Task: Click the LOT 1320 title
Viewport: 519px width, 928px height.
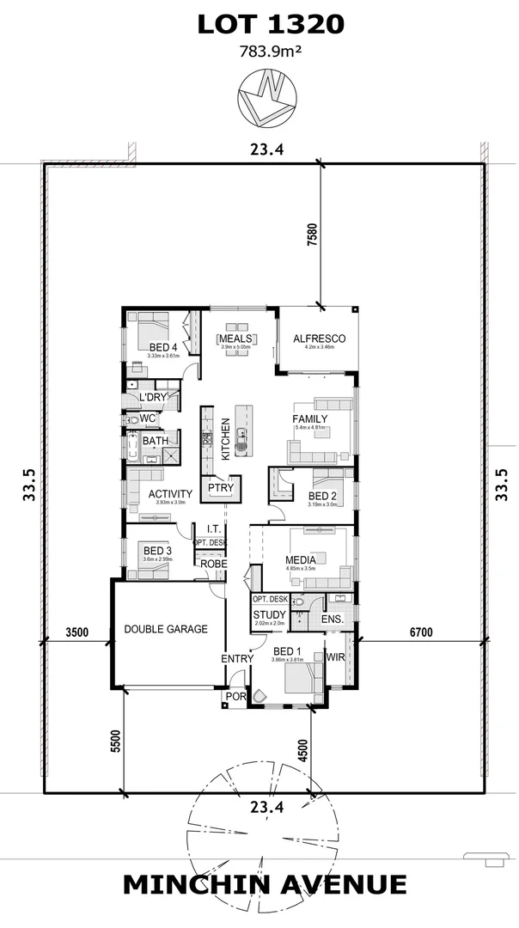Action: [271, 25]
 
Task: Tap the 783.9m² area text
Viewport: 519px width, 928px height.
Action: [271, 52]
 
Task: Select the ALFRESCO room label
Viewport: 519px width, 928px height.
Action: [319, 339]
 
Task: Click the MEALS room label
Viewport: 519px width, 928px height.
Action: [235, 339]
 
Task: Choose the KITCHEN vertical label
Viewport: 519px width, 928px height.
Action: [226, 439]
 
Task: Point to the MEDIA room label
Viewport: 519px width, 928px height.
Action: [301, 560]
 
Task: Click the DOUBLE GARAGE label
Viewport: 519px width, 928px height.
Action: [166, 629]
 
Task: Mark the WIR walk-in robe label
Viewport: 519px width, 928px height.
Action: [335, 657]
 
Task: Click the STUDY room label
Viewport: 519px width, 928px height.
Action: [268, 614]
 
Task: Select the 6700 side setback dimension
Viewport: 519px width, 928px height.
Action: [419, 632]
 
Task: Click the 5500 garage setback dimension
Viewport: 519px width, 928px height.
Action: [115, 741]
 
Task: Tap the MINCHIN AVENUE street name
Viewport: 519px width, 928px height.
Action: [265, 884]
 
